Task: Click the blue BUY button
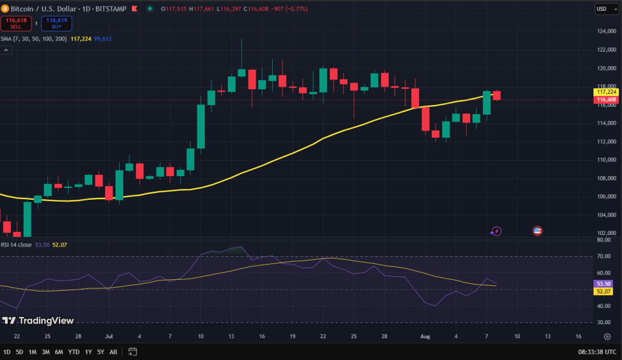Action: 56,23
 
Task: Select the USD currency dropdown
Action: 601,9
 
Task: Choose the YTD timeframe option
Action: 73,352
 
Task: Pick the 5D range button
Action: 19,352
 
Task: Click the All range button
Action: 113,352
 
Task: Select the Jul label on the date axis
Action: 109,336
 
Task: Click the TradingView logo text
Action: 46,321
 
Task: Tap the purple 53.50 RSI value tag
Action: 603,284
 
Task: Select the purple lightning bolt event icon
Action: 496,231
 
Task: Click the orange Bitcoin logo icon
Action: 5,8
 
